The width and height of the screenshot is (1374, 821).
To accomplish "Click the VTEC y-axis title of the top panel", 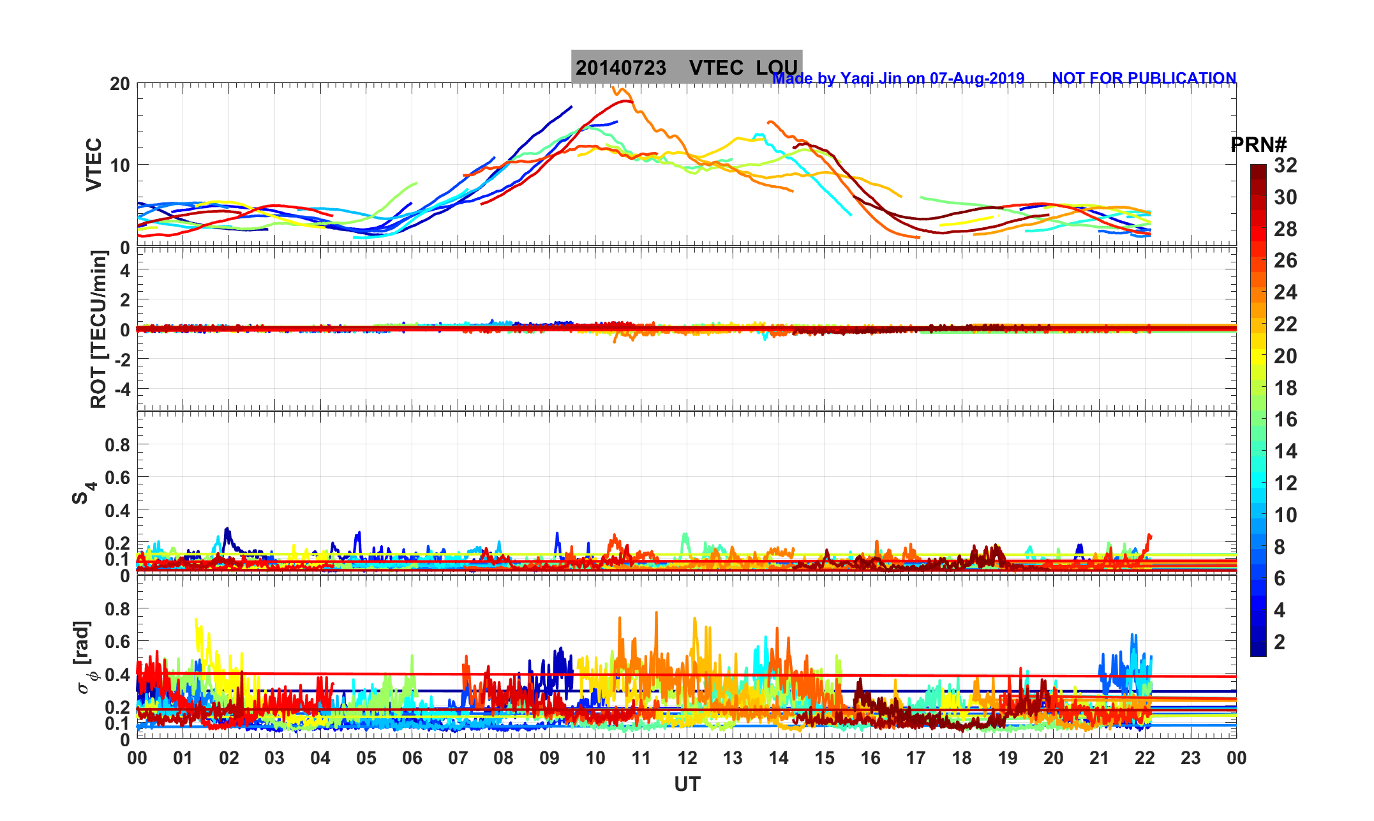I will click(x=94, y=164).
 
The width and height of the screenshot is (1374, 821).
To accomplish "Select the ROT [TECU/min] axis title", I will click(x=98, y=329).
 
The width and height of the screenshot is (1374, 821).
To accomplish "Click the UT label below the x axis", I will click(x=687, y=785).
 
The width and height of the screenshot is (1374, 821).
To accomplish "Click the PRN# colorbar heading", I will click(x=1258, y=146).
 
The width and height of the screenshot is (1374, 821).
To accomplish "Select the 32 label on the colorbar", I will click(x=1285, y=166).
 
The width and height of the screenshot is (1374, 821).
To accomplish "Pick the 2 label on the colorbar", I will click(x=1280, y=642).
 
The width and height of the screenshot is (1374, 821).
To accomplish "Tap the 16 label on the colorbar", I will click(x=1285, y=419).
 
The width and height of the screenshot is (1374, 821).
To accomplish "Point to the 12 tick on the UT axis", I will click(x=687, y=758).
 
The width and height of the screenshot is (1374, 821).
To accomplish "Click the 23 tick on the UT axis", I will click(x=1191, y=758).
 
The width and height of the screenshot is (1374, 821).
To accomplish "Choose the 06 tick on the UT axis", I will click(x=412, y=758).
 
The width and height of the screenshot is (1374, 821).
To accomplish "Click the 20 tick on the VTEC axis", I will click(x=119, y=84).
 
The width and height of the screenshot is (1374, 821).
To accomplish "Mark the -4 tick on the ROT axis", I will click(x=121, y=389).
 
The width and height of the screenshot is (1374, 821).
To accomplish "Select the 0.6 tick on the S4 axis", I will click(x=117, y=478).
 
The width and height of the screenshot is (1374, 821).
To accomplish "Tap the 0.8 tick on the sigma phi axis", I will click(x=117, y=609).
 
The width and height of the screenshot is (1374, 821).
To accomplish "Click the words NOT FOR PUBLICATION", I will click(x=1144, y=79).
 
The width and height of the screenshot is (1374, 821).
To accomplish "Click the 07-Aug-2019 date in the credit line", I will click(x=977, y=79).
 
